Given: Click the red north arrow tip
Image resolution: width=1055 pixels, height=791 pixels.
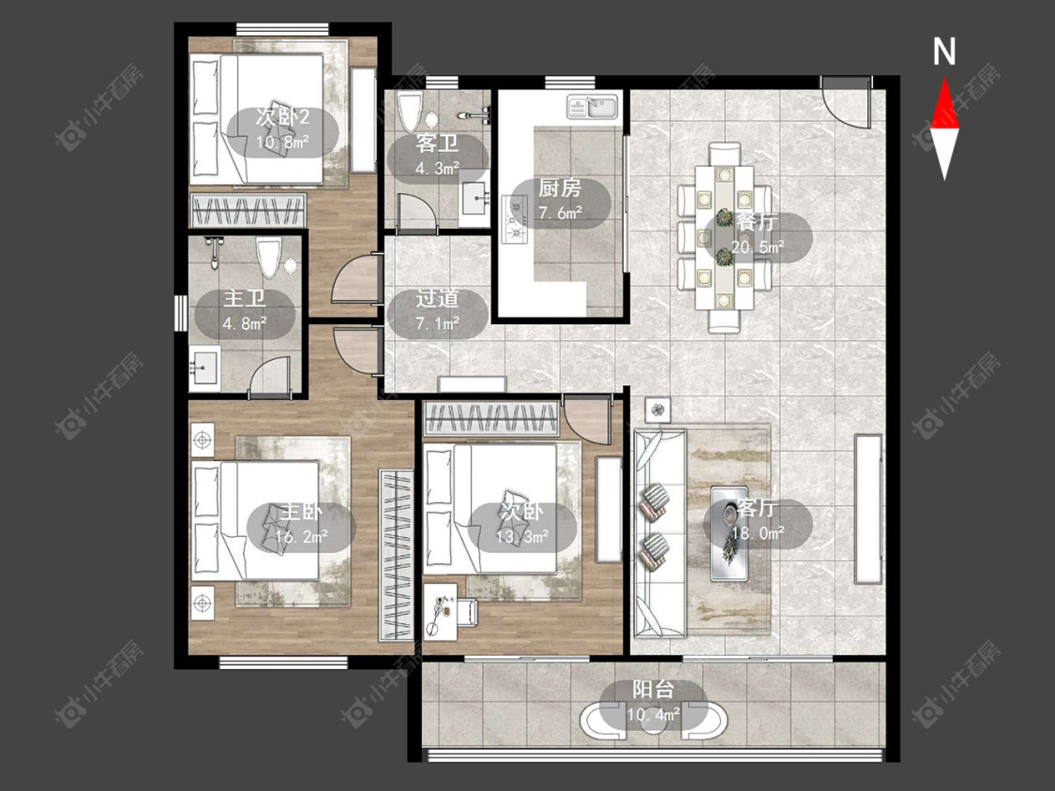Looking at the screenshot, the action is point(944,78).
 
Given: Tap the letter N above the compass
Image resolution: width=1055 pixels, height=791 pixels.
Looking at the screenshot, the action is point(944,52).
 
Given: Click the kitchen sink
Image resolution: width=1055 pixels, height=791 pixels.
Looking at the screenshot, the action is point(592,108).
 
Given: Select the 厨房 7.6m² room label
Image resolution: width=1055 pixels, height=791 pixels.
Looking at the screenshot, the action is point(560,200).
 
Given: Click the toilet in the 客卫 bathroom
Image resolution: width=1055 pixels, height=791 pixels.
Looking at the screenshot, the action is point(410,112).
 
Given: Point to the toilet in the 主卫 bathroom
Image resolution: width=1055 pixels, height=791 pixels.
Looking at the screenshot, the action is point(269,259).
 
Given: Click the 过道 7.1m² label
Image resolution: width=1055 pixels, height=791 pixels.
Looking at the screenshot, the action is point(437,310).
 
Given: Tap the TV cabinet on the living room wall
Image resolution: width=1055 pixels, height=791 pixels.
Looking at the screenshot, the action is point(868,509).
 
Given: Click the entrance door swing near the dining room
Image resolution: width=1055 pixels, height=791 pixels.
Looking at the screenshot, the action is point(846,102).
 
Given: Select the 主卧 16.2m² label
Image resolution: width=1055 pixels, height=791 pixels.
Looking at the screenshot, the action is point(300,524).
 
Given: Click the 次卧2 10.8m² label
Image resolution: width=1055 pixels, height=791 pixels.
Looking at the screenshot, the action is point(282,129).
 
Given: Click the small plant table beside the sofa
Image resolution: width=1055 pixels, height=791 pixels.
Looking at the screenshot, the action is point(658,410).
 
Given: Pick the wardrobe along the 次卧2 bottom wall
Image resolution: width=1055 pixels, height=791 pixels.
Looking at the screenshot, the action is point(249,210).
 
